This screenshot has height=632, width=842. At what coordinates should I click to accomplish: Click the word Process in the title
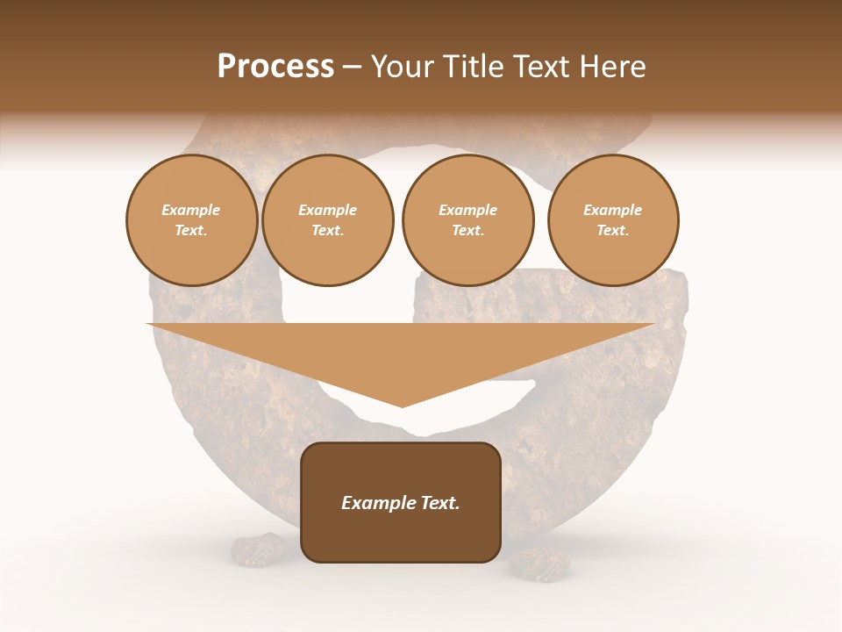275,67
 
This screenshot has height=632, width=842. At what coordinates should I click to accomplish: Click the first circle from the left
192,220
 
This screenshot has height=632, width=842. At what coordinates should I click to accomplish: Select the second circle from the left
328,220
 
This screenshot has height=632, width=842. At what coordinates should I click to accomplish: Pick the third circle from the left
467,220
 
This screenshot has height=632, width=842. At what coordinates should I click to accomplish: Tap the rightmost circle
613,220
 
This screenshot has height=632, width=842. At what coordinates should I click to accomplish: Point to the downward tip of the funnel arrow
402,406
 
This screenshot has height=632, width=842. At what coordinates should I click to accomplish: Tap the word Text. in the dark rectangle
439,503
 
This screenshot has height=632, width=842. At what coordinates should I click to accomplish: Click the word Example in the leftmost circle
191,211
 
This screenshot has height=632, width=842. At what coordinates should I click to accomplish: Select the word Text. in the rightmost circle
613,231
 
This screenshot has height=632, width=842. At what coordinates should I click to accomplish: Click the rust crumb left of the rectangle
257,549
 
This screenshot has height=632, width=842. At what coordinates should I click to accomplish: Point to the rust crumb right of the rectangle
537,564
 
